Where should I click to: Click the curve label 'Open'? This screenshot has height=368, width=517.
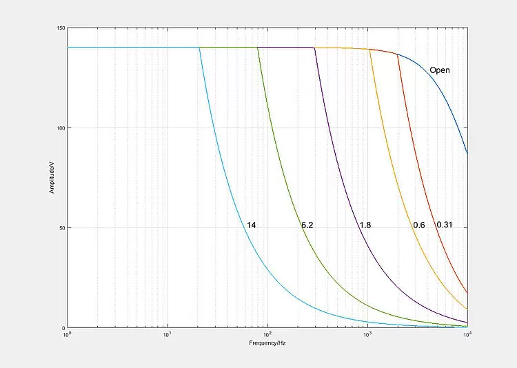coord(439,70)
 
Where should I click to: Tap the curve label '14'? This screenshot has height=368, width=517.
coord(252,225)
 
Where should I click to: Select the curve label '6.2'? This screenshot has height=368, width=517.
coord(307,225)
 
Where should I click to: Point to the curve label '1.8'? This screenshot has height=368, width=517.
coord(365,225)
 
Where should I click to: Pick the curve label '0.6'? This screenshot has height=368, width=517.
coord(418,225)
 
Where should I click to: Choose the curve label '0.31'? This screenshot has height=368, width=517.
coord(444,225)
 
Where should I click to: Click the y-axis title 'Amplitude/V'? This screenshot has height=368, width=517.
coord(51,178)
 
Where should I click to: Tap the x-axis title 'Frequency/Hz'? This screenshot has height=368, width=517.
coord(267,343)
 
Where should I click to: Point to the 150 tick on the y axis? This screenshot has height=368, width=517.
coord(61,28)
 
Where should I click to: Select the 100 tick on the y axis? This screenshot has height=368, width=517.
coord(61,128)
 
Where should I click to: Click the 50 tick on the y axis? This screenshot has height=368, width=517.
coord(62,228)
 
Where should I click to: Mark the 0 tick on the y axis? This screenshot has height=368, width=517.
coord(63,328)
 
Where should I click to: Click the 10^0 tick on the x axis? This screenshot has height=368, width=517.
coord(67,335)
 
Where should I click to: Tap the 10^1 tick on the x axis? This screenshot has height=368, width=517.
coord(167,335)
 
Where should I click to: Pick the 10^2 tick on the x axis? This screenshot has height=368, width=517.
coord(267,335)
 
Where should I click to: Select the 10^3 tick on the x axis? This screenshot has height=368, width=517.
coord(367,335)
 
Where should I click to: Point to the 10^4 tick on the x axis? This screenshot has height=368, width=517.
coord(467,335)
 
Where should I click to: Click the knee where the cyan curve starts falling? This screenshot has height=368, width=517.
coord(199,48)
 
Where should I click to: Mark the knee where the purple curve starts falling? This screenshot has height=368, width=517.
coord(314,48)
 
